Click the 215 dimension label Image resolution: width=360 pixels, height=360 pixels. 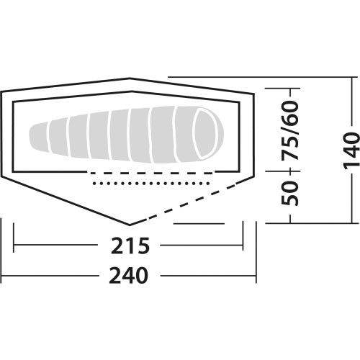[130, 246]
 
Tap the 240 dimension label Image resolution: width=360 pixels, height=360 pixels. [128, 276]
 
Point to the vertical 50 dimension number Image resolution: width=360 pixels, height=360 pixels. [290, 194]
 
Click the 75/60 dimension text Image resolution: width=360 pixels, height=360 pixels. [290, 130]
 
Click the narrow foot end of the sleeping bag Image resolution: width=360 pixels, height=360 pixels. [38, 138]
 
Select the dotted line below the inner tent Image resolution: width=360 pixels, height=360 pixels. [151, 184]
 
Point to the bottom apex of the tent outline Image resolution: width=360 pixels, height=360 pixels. [130, 225]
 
